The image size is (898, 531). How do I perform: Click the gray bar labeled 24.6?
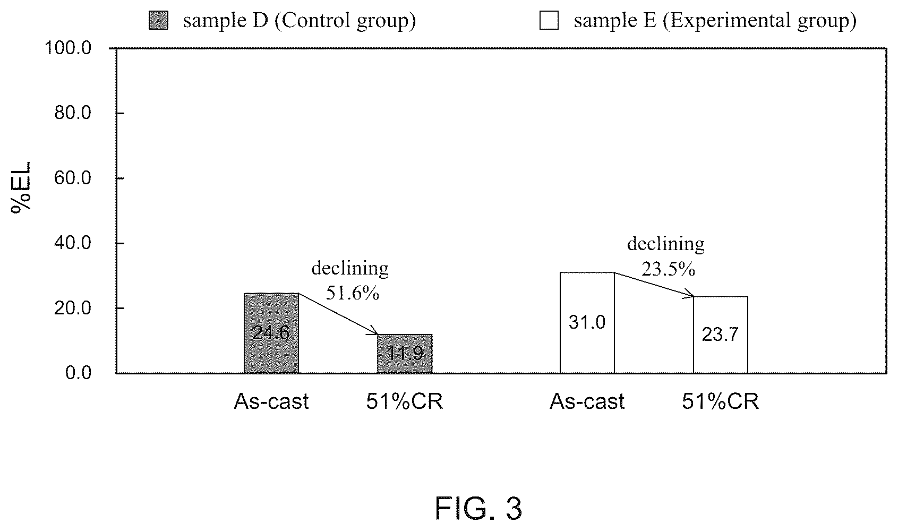(x=271, y=333)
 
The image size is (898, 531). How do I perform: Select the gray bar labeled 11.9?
(x=405, y=354)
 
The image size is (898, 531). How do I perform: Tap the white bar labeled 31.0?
(x=587, y=323)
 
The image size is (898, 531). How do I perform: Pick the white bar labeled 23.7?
(x=721, y=335)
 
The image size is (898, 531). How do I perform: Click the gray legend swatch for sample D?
(x=158, y=20)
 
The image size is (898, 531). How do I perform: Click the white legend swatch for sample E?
(x=549, y=20)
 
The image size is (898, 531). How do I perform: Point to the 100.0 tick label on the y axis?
(x=68, y=48)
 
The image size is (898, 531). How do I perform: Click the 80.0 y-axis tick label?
(x=73, y=113)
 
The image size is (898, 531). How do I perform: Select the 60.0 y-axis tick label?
(x=73, y=178)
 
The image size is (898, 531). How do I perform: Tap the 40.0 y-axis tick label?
(x=73, y=243)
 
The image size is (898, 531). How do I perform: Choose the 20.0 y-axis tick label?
(x=73, y=308)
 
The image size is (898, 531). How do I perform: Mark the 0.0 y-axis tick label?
(x=78, y=373)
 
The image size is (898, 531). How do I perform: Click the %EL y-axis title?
(x=21, y=187)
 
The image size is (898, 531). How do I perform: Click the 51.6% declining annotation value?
(x=353, y=293)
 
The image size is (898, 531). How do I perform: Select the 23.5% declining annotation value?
(x=668, y=269)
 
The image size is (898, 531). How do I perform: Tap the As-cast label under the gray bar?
(x=271, y=401)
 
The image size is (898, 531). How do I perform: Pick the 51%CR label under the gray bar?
(x=405, y=401)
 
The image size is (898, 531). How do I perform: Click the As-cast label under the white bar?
(x=587, y=401)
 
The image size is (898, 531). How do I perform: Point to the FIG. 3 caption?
(x=478, y=509)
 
